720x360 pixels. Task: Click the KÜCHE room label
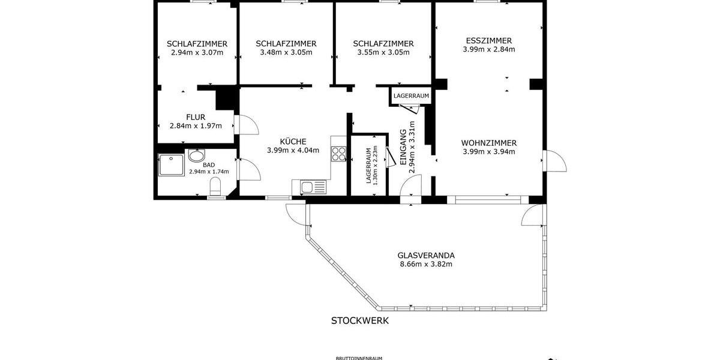pyautogui.click(x=293, y=141)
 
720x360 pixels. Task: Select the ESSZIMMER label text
pyautogui.click(x=488, y=41)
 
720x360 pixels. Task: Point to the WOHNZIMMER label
pyautogui.click(x=488, y=143)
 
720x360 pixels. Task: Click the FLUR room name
pyautogui.click(x=196, y=117)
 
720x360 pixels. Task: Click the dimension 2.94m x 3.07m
pyautogui.click(x=197, y=53)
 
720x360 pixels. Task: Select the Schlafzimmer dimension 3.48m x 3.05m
pyautogui.click(x=286, y=53)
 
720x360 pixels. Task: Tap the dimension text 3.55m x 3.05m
pyautogui.click(x=383, y=53)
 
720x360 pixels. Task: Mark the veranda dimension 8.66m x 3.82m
pyautogui.click(x=425, y=264)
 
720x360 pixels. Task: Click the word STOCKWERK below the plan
pyautogui.click(x=360, y=320)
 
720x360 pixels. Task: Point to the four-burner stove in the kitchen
pyautogui.click(x=338, y=153)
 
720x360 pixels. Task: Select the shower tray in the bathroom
pyautogui.click(x=172, y=165)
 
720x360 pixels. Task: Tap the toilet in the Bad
pyautogui.click(x=215, y=187)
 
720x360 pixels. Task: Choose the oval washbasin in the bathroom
pyautogui.click(x=196, y=157)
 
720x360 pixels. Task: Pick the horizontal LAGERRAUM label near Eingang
pyautogui.click(x=411, y=96)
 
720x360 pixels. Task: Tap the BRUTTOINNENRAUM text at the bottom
pyautogui.click(x=358, y=358)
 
